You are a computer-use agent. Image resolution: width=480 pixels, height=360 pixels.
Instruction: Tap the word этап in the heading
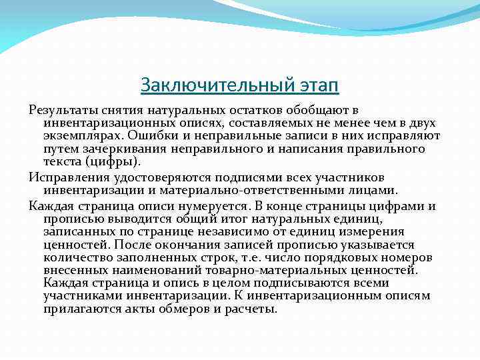[x=315, y=85]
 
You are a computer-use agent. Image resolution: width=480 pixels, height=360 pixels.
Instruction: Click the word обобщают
[x=322, y=110]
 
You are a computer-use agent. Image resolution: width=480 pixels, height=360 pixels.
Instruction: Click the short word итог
[x=239, y=218]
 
